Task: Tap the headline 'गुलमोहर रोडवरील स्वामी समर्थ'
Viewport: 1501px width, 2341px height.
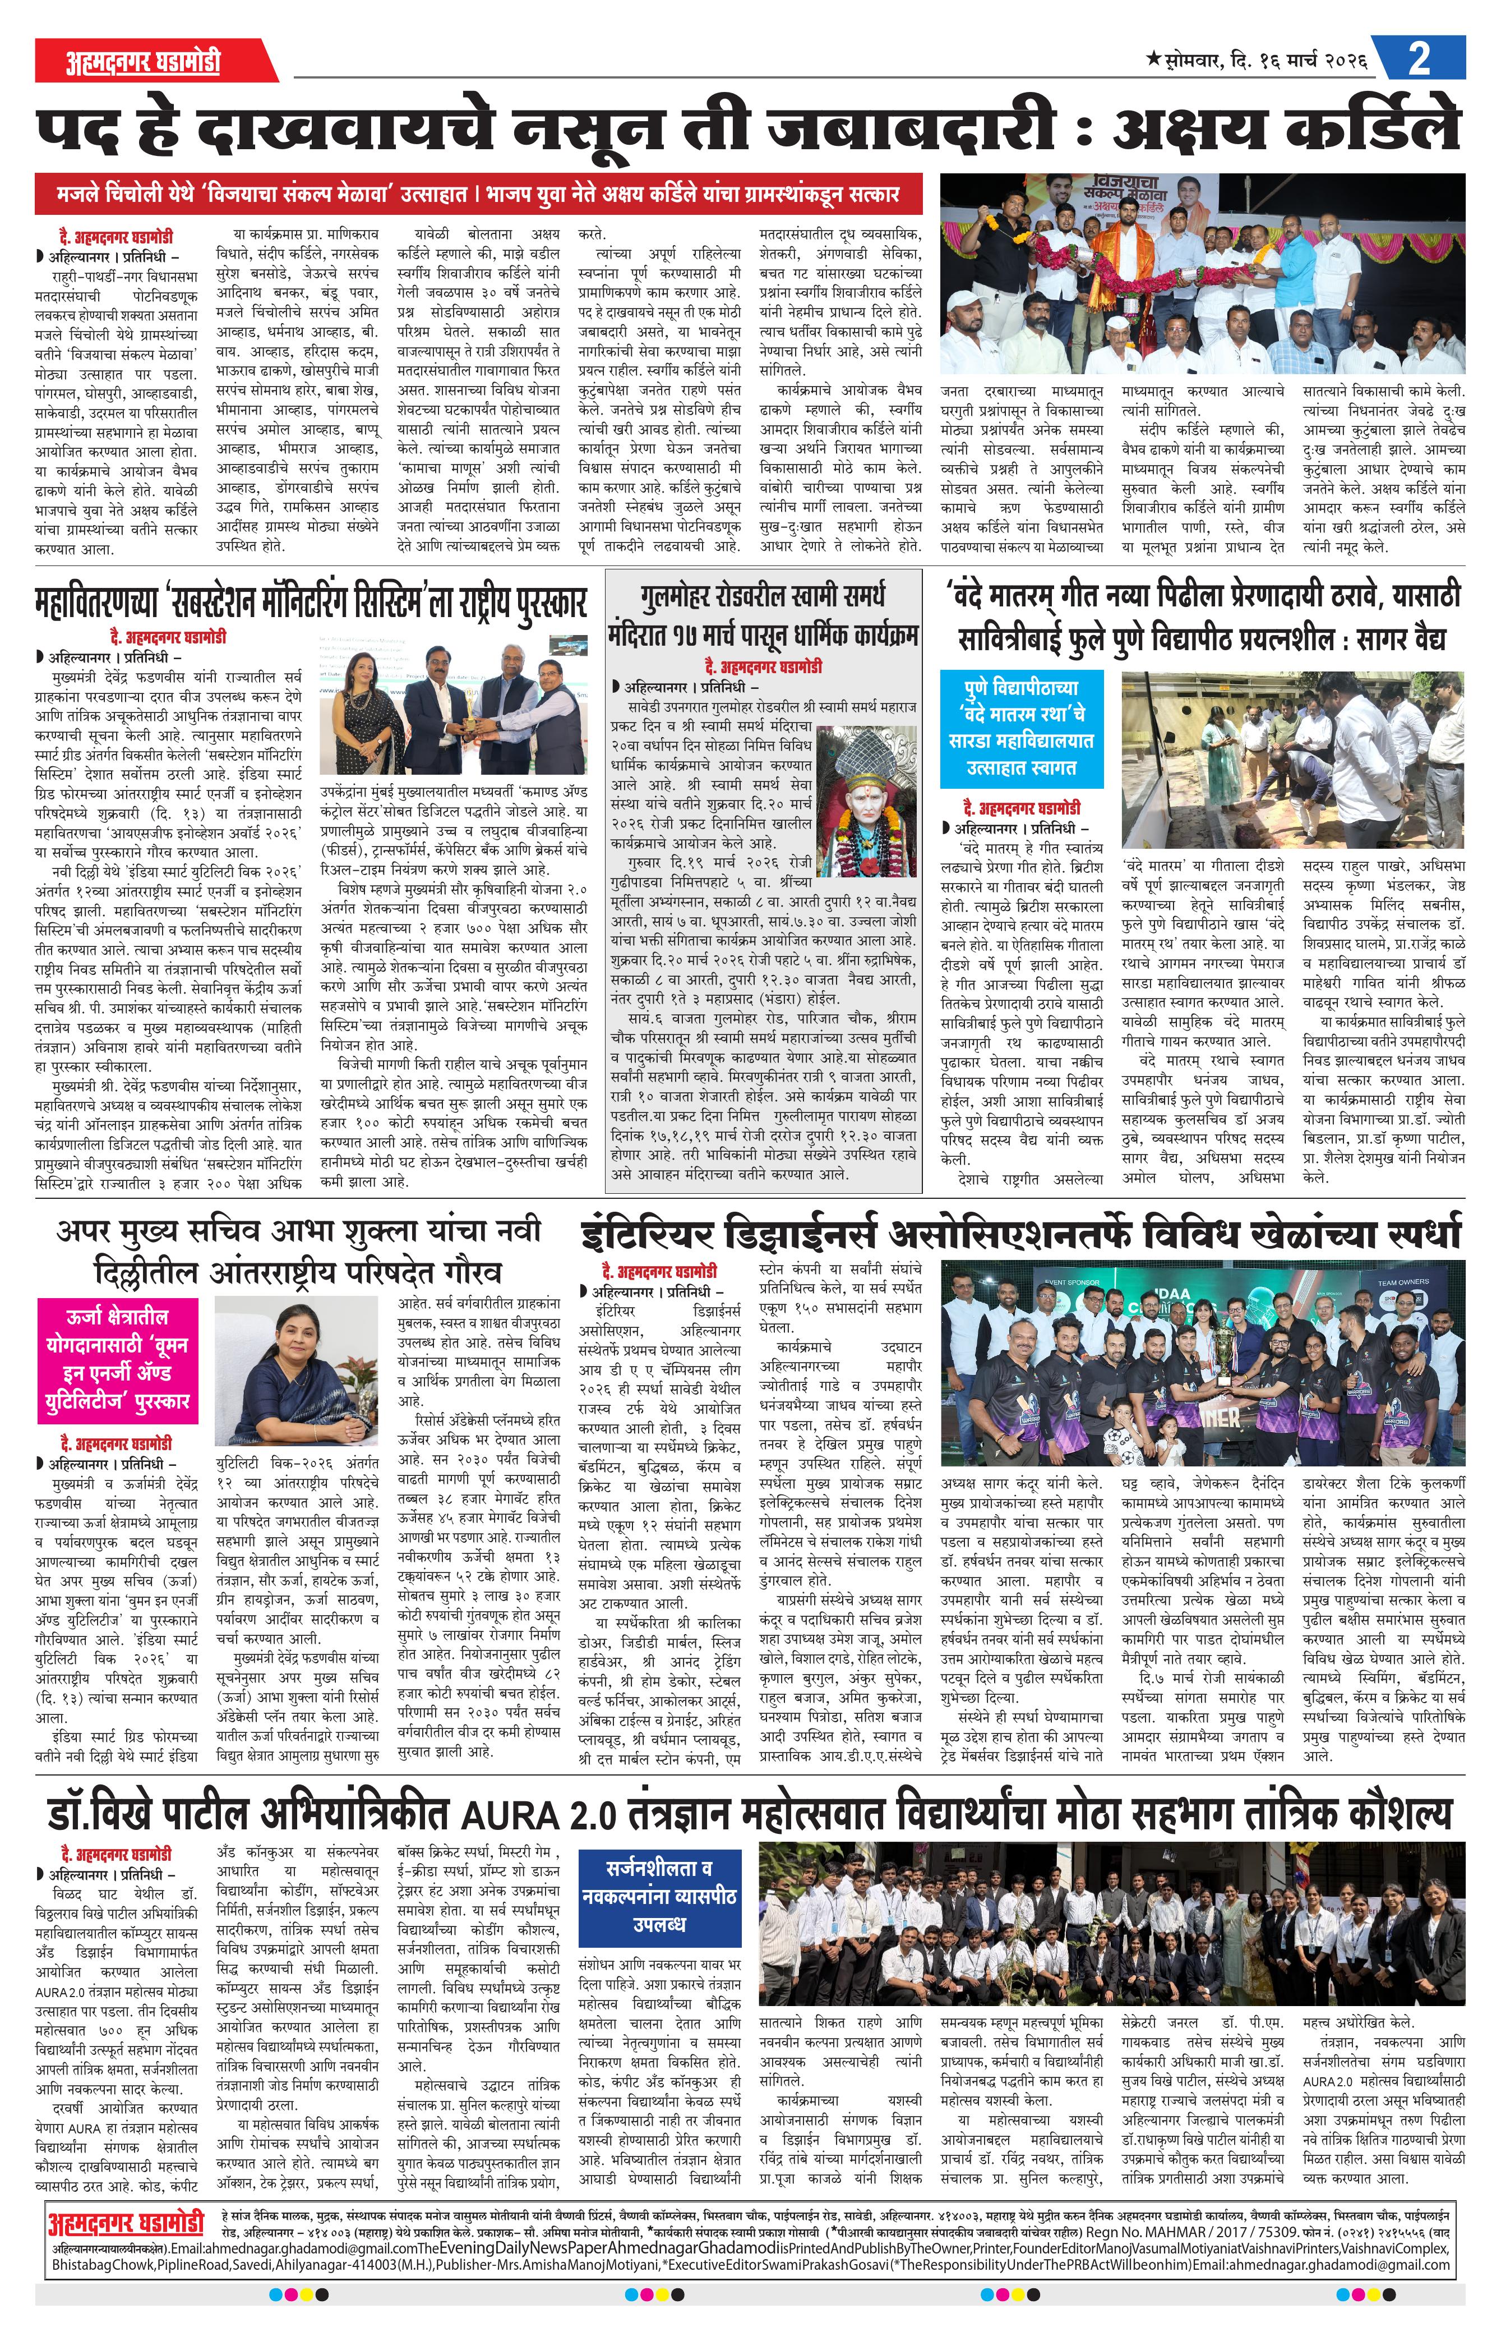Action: pos(763,596)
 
